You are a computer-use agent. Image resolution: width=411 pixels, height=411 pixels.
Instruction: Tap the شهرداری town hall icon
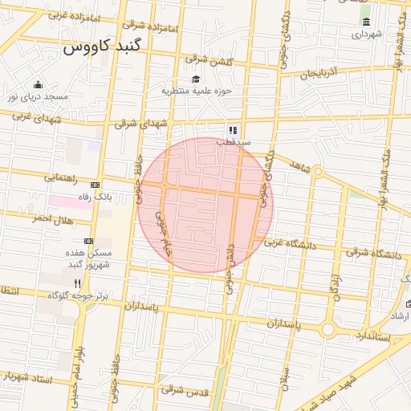[367, 22]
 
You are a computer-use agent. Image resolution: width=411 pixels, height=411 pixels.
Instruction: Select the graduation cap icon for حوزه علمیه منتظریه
[196, 78]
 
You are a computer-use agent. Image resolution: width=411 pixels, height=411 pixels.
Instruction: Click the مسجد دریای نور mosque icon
[38, 85]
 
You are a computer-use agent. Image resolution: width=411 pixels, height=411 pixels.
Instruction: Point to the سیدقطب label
[234, 142]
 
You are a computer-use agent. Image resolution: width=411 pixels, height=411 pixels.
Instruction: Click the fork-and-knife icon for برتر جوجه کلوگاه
[78, 283]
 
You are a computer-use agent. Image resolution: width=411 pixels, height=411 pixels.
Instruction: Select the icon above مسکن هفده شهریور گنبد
[88, 241]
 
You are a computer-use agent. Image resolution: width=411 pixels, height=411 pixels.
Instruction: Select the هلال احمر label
[52, 219]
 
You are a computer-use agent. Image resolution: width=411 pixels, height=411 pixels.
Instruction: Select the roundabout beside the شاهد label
[317, 171]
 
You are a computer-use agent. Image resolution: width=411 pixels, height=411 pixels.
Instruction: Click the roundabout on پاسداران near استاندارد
[328, 330]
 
